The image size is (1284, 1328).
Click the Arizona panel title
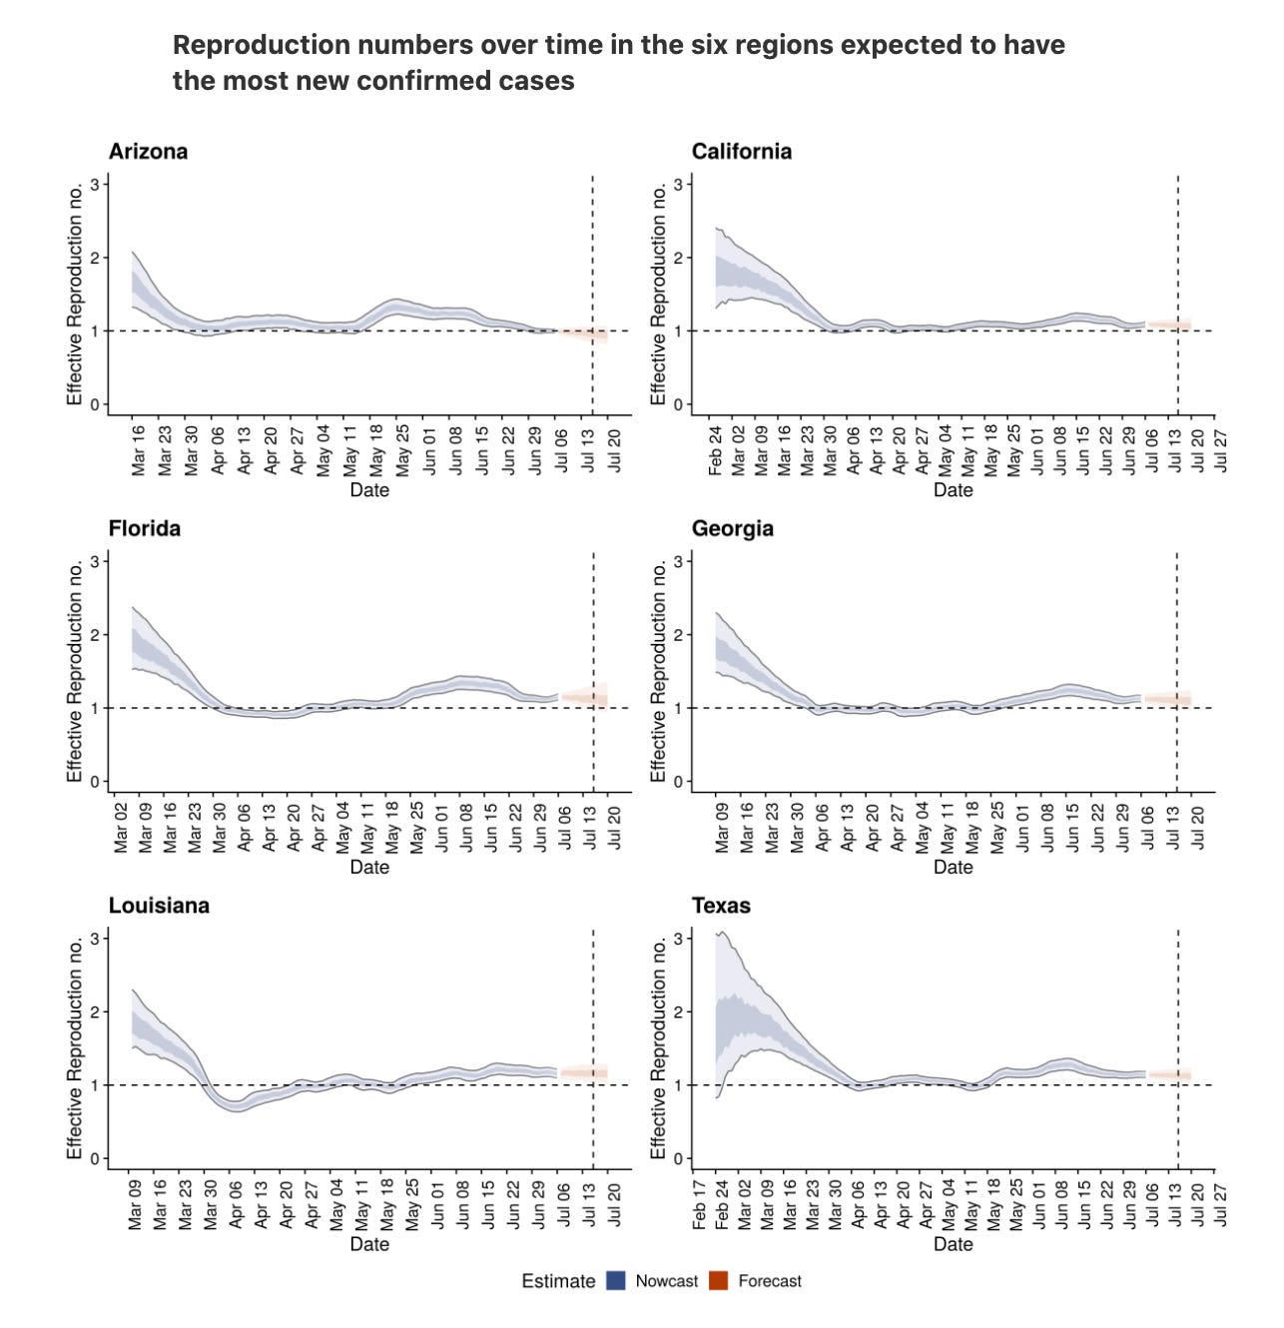point(148,151)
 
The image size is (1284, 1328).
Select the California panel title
point(742,151)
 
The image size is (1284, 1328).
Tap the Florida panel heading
point(145,528)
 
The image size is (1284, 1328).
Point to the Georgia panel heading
point(733,528)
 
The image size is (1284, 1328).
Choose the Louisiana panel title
point(159,905)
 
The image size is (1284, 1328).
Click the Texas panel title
point(721,905)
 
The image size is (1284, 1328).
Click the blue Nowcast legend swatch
point(615,1280)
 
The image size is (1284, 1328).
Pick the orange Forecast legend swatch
point(719,1280)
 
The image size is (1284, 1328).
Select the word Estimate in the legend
point(558,1281)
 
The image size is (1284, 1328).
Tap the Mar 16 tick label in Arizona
point(139,450)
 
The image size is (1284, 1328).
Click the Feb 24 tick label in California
point(715,450)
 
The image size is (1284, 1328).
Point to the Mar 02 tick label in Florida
point(121,828)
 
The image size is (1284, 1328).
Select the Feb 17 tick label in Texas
point(699,1205)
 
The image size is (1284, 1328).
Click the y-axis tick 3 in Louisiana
point(95,939)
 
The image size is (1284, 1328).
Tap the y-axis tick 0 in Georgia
point(678,782)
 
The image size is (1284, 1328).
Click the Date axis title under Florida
point(369,867)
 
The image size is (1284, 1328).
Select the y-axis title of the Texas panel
point(658,1048)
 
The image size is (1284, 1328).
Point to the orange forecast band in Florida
point(584,697)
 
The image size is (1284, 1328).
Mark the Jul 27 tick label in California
point(1220,450)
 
